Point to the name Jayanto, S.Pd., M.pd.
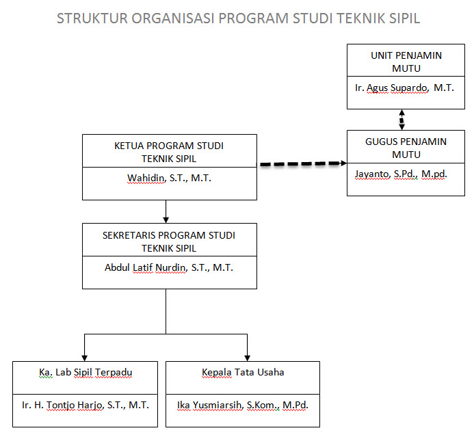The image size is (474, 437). (x=400, y=174)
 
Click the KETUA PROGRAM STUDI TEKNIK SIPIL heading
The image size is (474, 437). (x=169, y=151)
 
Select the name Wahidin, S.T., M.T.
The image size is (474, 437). (x=169, y=178)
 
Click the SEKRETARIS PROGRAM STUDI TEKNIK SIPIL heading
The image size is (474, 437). (x=169, y=241)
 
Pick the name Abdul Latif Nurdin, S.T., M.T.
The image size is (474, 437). (x=169, y=267)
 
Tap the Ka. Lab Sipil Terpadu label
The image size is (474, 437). (x=85, y=372)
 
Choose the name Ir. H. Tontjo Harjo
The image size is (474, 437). (x=85, y=405)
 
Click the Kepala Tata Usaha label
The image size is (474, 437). (x=243, y=372)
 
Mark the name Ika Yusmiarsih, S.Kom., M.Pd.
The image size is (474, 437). (x=243, y=405)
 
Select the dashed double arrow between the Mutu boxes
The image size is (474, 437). (x=401, y=120)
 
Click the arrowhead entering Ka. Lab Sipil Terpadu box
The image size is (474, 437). (x=84, y=356)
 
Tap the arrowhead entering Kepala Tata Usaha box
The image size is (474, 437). (x=247, y=356)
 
